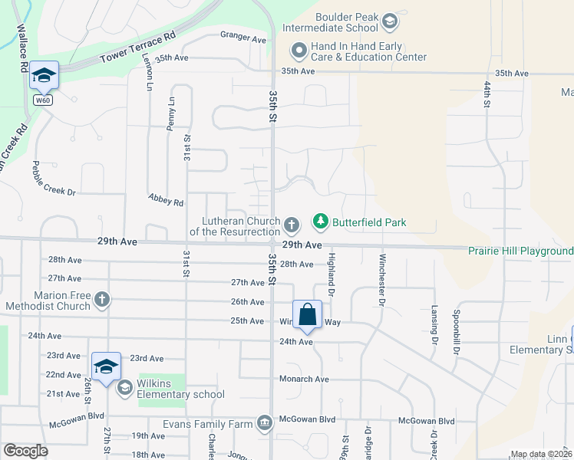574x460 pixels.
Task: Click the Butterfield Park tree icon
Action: tap(321, 223)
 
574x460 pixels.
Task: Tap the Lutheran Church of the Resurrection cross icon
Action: tap(291, 225)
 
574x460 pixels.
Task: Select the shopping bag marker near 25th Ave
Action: tap(307, 314)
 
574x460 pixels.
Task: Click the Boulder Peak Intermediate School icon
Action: tap(390, 21)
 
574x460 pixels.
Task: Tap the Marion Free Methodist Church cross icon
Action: tap(102, 301)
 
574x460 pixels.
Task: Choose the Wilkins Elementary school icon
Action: tap(124, 388)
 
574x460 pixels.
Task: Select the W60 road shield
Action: tap(43, 100)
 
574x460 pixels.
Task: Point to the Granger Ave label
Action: tap(242, 38)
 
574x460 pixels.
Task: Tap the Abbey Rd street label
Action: tap(167, 202)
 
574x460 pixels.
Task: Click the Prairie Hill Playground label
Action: tap(521, 251)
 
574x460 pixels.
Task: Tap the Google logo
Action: tap(25, 451)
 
